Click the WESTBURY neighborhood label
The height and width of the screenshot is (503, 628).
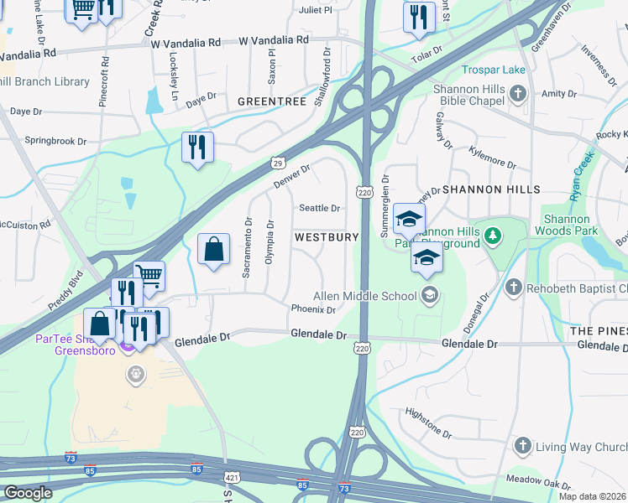[x=327, y=237]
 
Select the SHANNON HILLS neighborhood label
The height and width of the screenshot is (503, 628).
[x=491, y=189]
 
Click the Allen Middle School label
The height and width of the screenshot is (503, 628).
[x=365, y=296]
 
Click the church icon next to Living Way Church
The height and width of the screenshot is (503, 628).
[x=522, y=445]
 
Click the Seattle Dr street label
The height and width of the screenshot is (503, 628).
[x=320, y=208]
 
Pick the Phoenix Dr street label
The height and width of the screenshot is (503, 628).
[x=313, y=309]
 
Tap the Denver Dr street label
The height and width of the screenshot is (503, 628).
[x=291, y=175]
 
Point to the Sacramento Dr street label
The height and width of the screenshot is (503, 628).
[x=248, y=248]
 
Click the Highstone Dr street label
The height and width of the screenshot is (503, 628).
[x=428, y=435]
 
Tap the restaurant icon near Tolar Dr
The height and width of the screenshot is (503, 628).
[x=418, y=17]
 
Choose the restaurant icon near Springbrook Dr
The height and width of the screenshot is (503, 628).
[x=197, y=147]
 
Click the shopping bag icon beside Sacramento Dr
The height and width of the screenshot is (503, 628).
[x=213, y=249]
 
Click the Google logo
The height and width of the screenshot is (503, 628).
[x=27, y=493]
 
